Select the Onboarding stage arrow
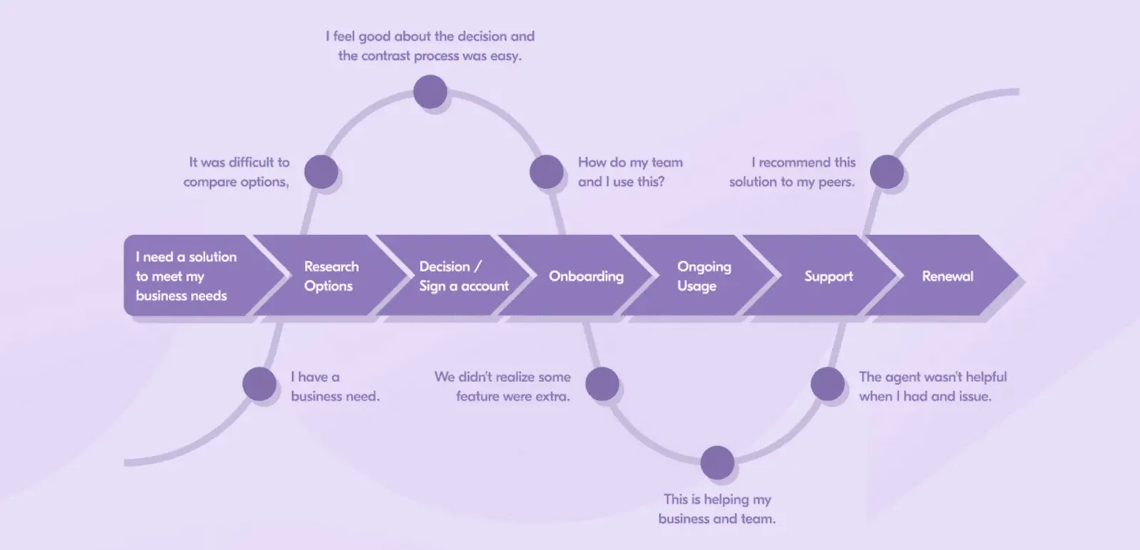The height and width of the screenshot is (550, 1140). pyautogui.click(x=586, y=276)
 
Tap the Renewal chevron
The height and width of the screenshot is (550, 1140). pyautogui.click(x=947, y=276)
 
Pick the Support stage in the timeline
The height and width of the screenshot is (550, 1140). pyautogui.click(x=828, y=276)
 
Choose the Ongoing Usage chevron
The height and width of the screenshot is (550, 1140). pyautogui.click(x=703, y=276)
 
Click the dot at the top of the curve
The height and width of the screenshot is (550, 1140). pyautogui.click(x=430, y=92)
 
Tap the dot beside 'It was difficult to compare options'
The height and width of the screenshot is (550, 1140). pyautogui.click(x=321, y=172)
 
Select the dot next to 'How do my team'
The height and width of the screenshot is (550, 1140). pyautogui.click(x=546, y=172)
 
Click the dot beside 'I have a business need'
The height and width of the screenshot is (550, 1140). pyautogui.click(x=259, y=384)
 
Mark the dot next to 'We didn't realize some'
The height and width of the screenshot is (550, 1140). pyautogui.click(x=602, y=384)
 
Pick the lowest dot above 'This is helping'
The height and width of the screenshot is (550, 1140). pyautogui.click(x=717, y=463)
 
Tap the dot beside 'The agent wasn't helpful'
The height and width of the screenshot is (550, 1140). pyautogui.click(x=828, y=384)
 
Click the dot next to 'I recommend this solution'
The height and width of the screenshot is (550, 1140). pyautogui.click(x=887, y=172)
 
